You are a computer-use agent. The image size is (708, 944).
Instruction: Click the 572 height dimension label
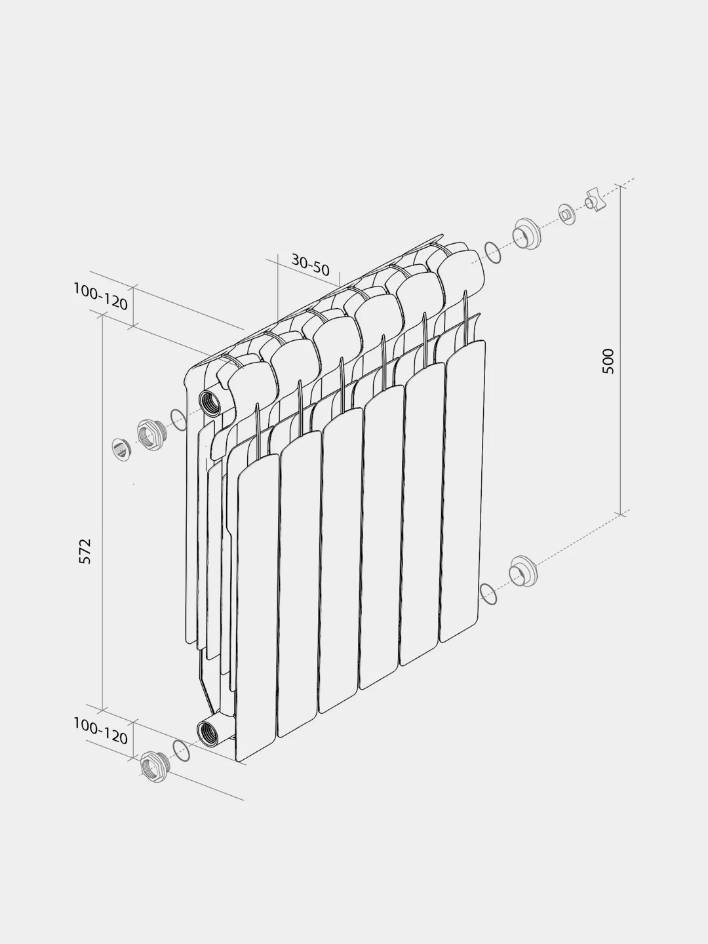[x=85, y=551]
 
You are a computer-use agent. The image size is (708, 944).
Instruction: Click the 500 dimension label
[x=608, y=361]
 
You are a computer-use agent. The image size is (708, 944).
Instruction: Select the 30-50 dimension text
[x=310, y=264]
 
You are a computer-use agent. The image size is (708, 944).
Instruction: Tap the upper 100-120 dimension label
[x=100, y=296]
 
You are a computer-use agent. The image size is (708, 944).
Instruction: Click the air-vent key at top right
[x=595, y=200]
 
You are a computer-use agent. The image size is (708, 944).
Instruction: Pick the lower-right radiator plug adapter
[x=523, y=571]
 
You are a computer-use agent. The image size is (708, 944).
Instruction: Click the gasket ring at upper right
[x=492, y=252]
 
